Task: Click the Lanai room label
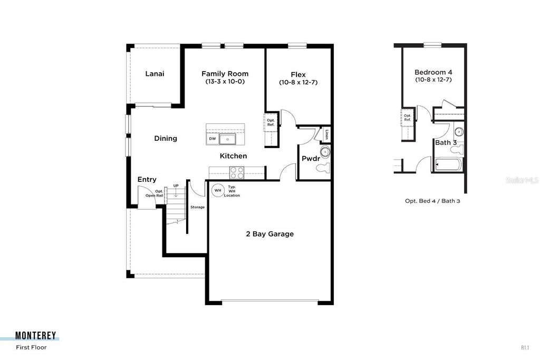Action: tap(155, 74)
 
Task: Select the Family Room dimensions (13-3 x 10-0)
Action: tap(225, 82)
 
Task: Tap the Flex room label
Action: tap(298, 74)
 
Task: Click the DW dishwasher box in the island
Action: tap(213, 139)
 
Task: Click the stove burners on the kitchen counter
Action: tap(236, 172)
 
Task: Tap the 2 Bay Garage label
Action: tap(270, 234)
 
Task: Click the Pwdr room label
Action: tap(308, 159)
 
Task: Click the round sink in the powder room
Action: tap(325, 152)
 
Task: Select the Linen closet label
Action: tap(327, 134)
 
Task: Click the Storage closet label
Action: tap(197, 207)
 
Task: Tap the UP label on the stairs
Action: tap(176, 186)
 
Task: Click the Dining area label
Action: tap(166, 139)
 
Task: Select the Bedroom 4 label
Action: tap(433, 72)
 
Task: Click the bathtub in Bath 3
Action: tap(448, 166)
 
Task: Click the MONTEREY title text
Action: tap(36, 336)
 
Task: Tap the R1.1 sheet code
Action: tap(525, 347)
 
